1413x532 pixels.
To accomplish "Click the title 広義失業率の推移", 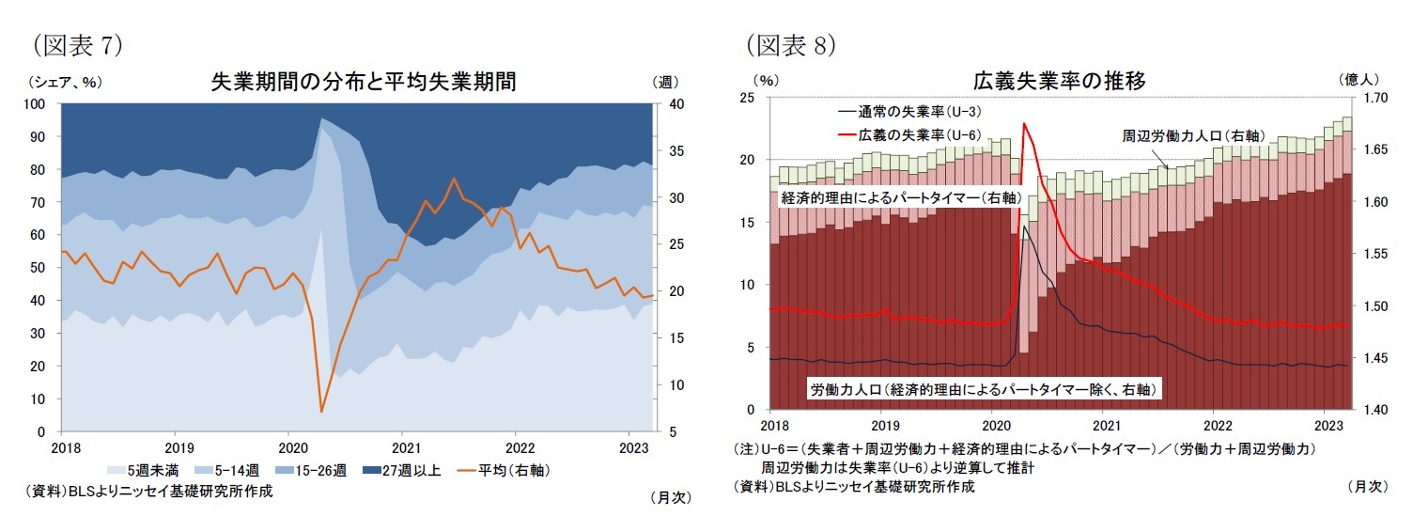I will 1059,82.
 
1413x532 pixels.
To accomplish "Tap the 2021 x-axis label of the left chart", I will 404,447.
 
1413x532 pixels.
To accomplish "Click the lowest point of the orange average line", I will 321,412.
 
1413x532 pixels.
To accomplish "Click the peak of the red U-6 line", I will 1023,123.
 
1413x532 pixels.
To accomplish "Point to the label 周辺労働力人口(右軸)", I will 1193,135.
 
